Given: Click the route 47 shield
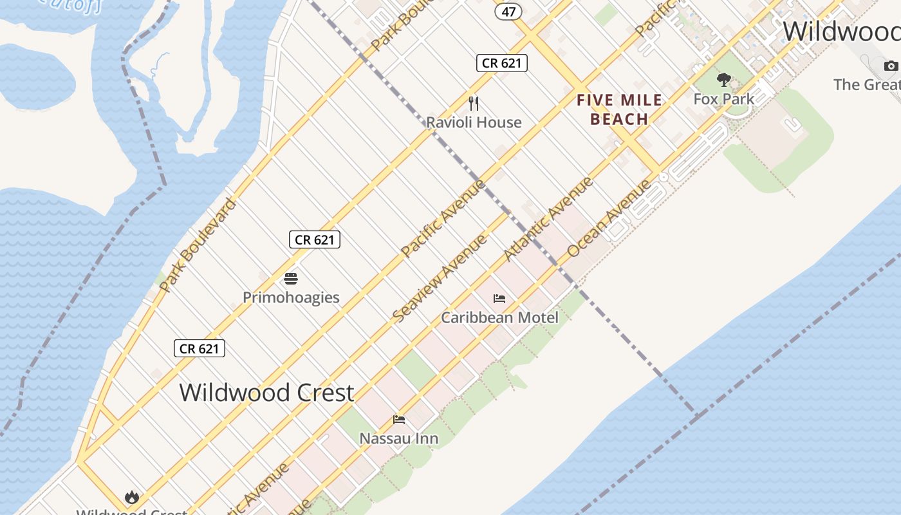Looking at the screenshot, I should coord(509,12).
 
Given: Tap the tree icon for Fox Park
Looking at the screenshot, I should coord(724,80).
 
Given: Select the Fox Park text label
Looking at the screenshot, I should coord(724,99).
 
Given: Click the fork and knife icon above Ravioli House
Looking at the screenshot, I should coord(474,103).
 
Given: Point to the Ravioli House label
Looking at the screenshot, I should coord(474,122).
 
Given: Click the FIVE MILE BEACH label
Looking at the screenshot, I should coord(619,109).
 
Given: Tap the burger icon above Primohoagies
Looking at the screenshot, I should coord(291,279).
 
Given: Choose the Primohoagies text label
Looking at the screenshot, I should coord(291,297).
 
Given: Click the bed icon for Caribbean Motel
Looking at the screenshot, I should coord(499,298).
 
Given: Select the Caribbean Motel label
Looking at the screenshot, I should coord(499,317).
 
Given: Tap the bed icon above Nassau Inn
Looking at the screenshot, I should coord(399,420).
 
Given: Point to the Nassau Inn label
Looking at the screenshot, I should coord(399,438).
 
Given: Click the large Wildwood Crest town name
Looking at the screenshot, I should coord(266,392).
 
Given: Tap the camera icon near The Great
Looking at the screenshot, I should coord(891,66).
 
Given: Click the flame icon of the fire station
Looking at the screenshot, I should coord(132,497).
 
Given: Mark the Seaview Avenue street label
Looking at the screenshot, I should coord(440,279).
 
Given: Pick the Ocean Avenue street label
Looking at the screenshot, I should coord(609,219).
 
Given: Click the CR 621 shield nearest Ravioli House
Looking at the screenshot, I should coord(502,62).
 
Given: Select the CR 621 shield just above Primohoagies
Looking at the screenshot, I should coord(314,239).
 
